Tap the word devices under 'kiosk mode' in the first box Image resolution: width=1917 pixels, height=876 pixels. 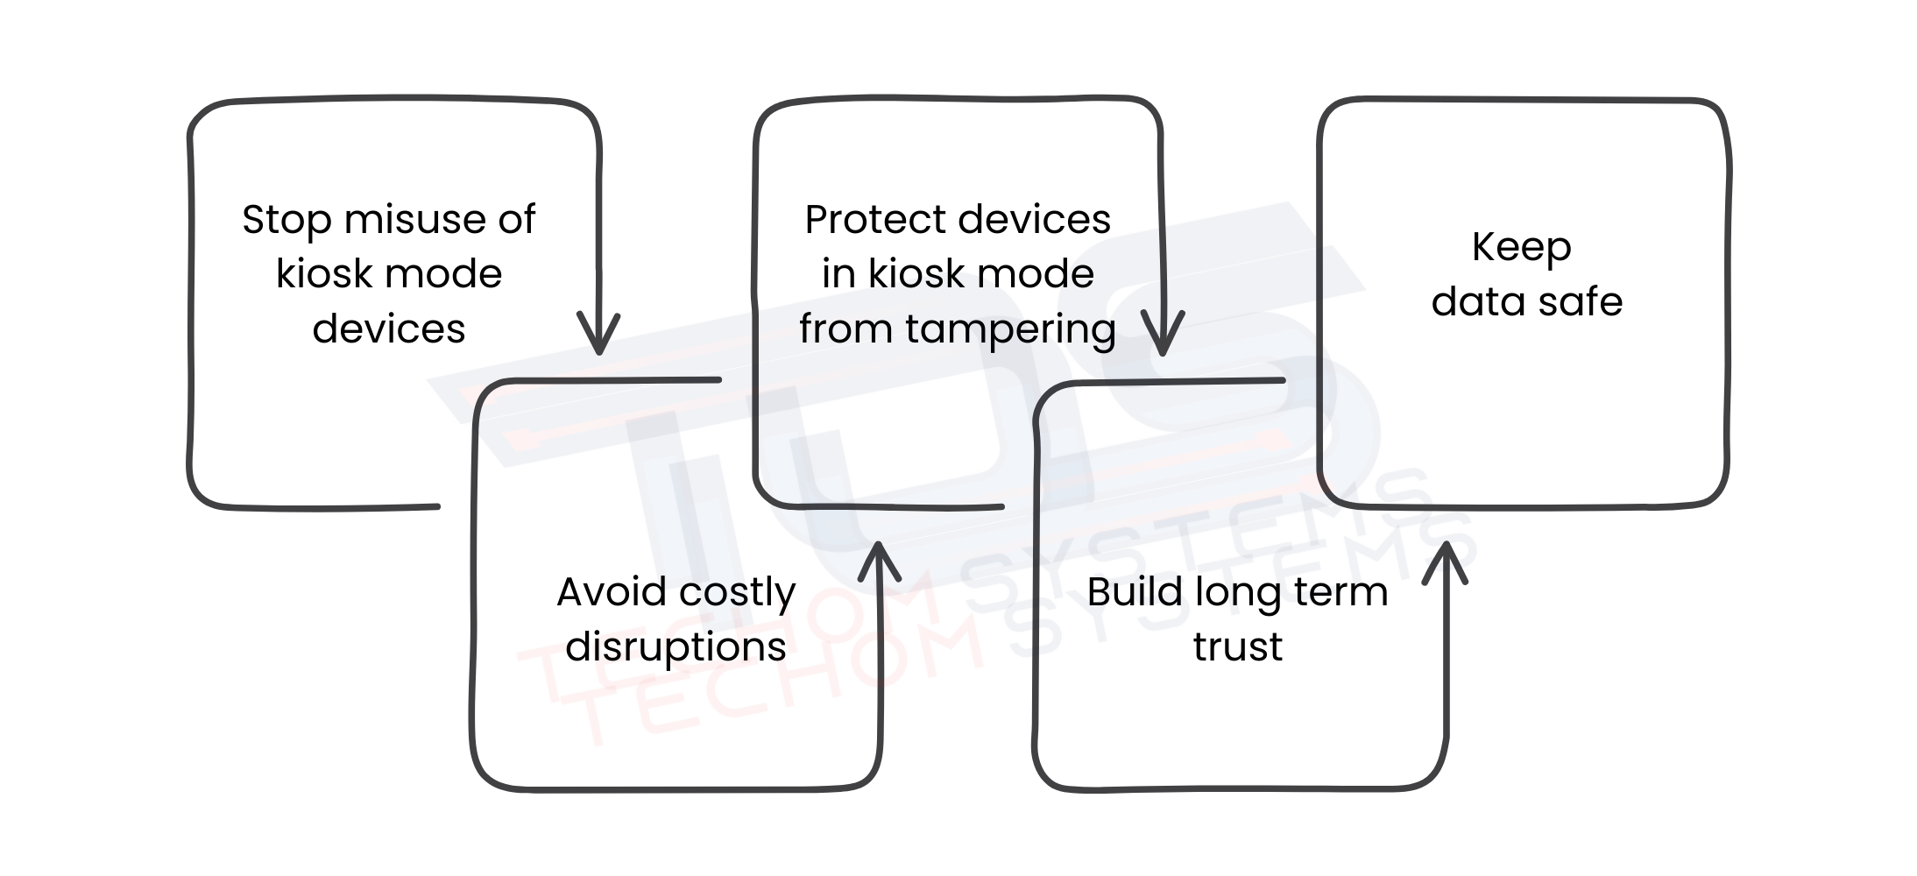point(388,329)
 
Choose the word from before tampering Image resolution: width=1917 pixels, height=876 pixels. point(846,329)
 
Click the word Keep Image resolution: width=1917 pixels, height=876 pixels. point(1521,249)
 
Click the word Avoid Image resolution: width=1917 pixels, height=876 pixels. point(611,592)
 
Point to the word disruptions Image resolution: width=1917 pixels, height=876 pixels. point(676,647)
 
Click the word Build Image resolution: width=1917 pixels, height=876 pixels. point(1131,592)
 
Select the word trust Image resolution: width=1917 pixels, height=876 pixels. point(1237,647)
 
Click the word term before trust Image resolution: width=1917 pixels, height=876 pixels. point(1346,592)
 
